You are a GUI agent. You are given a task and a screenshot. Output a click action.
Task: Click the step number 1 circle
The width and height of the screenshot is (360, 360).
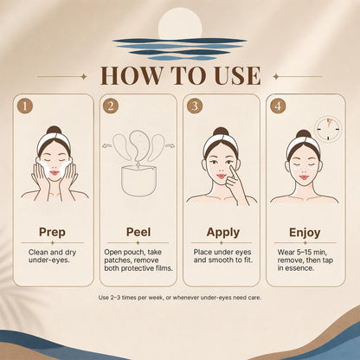tap(25, 106)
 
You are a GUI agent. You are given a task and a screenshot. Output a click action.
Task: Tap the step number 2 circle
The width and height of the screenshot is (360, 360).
tap(111, 106)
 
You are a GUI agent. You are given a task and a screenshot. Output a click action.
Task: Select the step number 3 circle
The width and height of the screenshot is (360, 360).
tap(195, 106)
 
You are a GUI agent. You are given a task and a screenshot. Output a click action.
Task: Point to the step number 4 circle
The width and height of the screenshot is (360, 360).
tap(278, 106)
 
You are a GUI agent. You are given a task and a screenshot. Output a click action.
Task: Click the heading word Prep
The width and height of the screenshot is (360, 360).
tap(52, 232)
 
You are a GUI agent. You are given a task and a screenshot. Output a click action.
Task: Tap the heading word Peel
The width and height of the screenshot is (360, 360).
tap(138, 232)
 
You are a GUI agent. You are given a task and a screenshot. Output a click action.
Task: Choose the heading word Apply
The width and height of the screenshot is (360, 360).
tap(223, 233)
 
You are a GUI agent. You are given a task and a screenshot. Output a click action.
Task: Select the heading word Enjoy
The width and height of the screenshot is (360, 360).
tap(305, 233)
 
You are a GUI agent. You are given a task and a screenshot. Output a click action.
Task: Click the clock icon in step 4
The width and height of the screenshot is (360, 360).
tap(328, 129)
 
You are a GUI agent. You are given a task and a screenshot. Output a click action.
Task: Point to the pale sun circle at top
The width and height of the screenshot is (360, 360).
tap(180, 23)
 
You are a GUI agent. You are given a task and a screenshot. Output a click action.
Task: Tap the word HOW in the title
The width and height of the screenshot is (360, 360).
tap(132, 75)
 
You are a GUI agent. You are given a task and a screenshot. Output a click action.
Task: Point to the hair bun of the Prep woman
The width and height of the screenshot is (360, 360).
tap(55, 130)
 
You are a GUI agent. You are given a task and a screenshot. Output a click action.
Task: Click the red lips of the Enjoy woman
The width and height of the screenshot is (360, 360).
tap(303, 177)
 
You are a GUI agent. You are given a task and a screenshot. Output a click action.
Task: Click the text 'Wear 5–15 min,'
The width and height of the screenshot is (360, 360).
tap(302, 252)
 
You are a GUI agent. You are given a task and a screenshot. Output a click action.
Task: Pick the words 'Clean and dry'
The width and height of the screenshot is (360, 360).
tap(52, 253)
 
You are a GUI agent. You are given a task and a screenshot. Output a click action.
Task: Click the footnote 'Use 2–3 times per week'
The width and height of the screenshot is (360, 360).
tap(131, 298)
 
